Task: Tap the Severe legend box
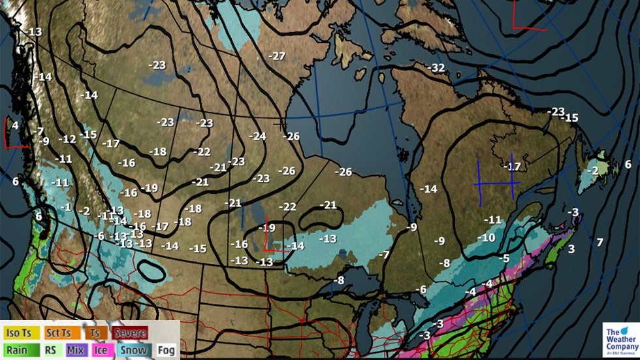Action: [129, 333]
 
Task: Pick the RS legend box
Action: [50, 350]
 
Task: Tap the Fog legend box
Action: [165, 350]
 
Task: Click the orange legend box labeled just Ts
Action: [95, 333]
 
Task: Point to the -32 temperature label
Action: [436, 68]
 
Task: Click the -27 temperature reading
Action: [277, 56]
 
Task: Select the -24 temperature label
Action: [257, 136]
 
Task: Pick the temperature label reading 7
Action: [600, 242]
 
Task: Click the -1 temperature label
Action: [65, 207]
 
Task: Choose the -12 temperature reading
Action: [67, 139]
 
